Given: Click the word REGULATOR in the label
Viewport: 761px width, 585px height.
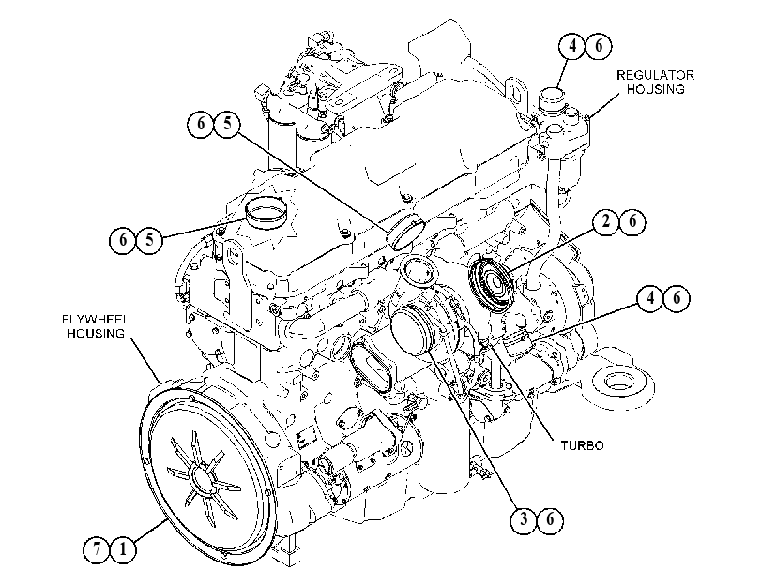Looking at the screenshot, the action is [x=655, y=75].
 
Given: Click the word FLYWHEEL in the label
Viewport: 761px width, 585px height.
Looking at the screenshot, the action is [x=96, y=320].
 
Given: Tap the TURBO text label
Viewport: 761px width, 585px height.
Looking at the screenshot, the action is [x=583, y=445].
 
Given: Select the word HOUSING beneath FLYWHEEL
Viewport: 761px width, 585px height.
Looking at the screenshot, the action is [x=96, y=333].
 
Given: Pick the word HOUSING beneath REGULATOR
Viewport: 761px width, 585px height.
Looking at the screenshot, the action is [x=655, y=89].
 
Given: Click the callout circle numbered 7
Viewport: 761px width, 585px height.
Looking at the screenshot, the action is [x=97, y=550].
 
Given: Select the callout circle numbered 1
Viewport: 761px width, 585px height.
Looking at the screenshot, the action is [x=123, y=550].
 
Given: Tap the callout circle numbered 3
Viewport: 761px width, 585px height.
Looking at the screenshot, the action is [x=524, y=520].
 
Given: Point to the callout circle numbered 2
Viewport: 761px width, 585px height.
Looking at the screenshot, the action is [x=606, y=221].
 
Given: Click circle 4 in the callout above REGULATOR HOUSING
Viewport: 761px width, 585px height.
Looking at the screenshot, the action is [x=572, y=46].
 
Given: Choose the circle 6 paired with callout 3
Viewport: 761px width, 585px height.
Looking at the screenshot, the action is [x=550, y=520].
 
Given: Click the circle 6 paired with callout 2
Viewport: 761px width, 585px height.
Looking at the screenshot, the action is [x=632, y=221].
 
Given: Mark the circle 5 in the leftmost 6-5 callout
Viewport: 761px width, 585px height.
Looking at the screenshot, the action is [x=149, y=239].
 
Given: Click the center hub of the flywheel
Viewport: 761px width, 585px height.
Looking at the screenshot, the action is [x=205, y=478].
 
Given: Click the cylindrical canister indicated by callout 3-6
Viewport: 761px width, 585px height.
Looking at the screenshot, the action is [x=413, y=331].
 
